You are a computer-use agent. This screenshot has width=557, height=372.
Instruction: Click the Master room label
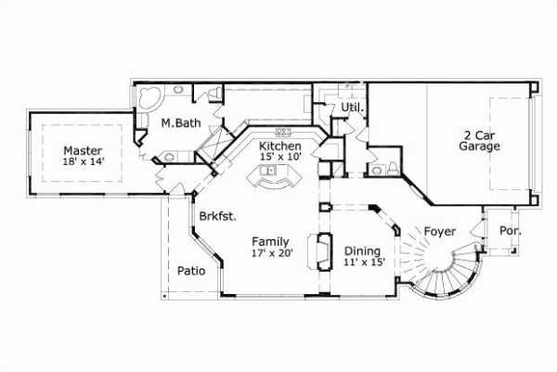pos(83,150)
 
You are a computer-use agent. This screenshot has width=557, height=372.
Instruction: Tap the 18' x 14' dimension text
pos(83,162)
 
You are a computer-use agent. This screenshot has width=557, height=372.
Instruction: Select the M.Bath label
pos(176,122)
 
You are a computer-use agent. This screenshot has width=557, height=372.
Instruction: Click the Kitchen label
pos(279,147)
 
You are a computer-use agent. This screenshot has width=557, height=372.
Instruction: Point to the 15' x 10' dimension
pos(279,158)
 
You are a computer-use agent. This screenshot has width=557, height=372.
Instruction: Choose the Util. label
pos(351,109)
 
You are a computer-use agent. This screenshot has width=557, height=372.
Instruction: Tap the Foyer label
pos(440,230)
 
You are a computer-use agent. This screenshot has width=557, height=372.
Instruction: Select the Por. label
pos(510,231)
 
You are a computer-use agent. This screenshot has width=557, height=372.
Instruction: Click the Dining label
pos(361,250)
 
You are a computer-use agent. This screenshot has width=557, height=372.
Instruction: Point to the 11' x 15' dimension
pos(364,263)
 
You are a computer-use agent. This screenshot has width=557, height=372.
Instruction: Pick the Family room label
pos(272,241)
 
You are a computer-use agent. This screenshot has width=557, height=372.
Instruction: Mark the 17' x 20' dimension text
pos(272,253)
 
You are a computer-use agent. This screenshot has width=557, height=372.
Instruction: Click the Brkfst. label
pos(217,216)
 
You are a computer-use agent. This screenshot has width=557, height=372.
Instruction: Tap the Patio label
pos(191,271)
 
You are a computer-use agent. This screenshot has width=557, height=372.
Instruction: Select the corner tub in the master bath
pos(149,99)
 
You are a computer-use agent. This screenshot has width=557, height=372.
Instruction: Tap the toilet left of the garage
pos(391,167)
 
